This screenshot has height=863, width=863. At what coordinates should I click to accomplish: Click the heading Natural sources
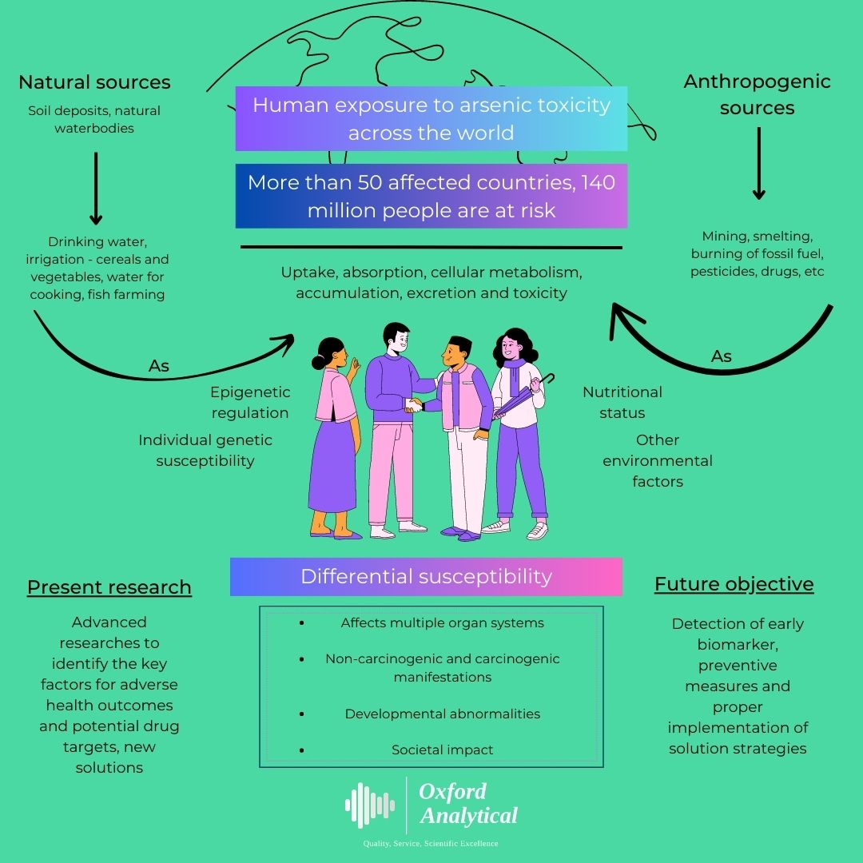pyautogui.click(x=94, y=82)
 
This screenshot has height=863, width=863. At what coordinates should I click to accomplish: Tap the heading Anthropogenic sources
pyautogui.click(x=757, y=94)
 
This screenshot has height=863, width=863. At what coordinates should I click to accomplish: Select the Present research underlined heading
pyautogui.click(x=109, y=587)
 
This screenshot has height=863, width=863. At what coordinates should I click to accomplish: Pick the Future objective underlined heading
pyautogui.click(x=734, y=584)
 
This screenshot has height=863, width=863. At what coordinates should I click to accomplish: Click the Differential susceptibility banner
pyautogui.click(x=426, y=577)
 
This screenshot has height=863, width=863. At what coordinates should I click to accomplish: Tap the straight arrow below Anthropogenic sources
pyautogui.click(x=758, y=163)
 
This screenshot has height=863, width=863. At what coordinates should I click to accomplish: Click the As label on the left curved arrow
pyautogui.click(x=159, y=366)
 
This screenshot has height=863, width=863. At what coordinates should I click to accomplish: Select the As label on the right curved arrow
pyautogui.click(x=722, y=356)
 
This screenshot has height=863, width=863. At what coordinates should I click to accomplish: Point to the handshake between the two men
pyautogui.click(x=415, y=405)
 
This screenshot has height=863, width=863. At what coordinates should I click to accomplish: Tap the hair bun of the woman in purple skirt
pyautogui.click(x=319, y=362)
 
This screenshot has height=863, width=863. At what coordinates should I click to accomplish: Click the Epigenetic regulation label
pyautogui.click(x=250, y=403)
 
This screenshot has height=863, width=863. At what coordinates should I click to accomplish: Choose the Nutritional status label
pyautogui.click(x=622, y=403)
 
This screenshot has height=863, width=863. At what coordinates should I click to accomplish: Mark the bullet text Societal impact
pyautogui.click(x=442, y=750)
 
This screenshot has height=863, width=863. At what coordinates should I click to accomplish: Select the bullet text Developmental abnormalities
pyautogui.click(x=442, y=714)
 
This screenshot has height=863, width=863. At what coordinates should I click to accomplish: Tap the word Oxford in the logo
pyautogui.click(x=452, y=791)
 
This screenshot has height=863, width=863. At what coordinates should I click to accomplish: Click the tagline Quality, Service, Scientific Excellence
pyautogui.click(x=431, y=844)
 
